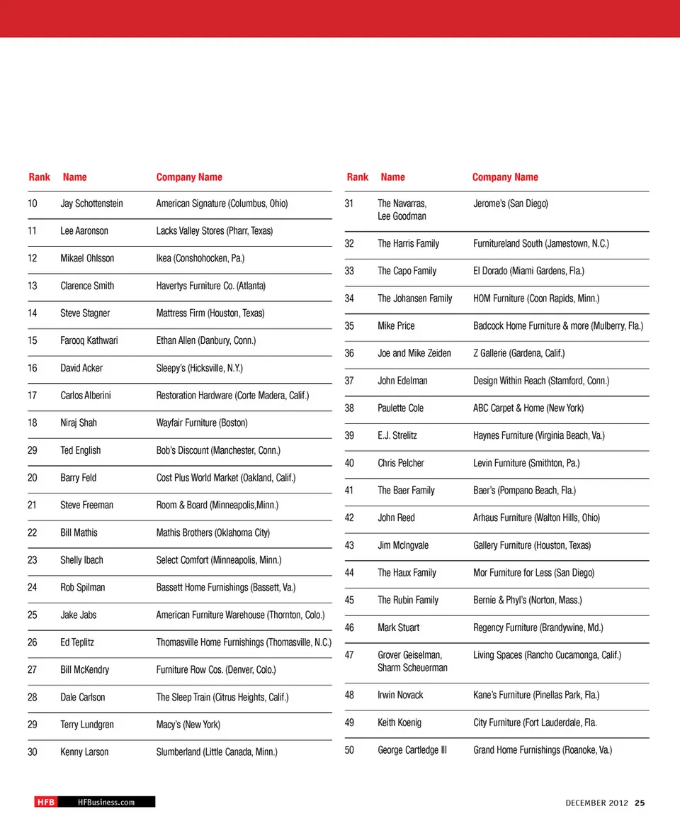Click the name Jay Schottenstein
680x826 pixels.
coord(91,203)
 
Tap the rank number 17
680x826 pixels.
coord(33,396)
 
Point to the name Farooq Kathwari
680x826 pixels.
coord(89,340)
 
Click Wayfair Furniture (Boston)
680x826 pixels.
coord(202,423)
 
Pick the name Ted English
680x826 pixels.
coord(81,450)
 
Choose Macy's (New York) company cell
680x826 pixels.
coord(188,725)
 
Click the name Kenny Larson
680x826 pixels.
coord(84,752)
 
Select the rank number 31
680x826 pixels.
coord(349,203)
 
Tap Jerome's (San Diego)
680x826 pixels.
coord(510,203)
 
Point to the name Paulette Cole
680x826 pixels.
coord(401,408)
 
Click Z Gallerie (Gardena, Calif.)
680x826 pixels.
coord(519,353)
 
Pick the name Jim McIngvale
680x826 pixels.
coord(403,545)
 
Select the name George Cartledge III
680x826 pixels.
coord(412,749)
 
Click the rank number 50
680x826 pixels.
coord(349,749)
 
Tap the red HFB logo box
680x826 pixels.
coord(45,802)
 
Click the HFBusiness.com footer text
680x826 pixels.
coord(106,802)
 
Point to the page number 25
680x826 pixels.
coord(640,803)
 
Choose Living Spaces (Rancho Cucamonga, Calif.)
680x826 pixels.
coord(547,655)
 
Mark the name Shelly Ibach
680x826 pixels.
coord(81,560)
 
